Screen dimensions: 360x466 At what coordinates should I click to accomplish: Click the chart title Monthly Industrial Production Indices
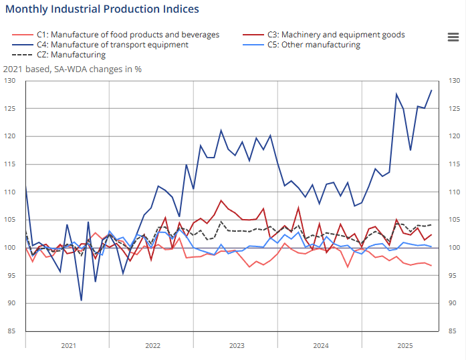(102, 9)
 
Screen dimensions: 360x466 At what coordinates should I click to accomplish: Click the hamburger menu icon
(453, 37)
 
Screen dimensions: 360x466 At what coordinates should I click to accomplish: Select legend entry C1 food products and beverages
(128, 35)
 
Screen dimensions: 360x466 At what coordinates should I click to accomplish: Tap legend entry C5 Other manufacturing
(314, 45)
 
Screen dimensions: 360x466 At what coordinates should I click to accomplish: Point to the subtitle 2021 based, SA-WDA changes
(72, 68)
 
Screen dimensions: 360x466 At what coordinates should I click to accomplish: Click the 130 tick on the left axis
(9, 81)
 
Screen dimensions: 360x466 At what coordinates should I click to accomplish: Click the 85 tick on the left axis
(11, 331)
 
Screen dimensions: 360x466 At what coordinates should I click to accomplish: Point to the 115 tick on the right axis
(454, 164)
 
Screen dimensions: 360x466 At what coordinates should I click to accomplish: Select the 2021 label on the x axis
(68, 345)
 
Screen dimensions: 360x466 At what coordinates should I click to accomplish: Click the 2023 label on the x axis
(236, 345)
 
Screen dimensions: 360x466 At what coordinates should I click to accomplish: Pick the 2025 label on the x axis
(404, 345)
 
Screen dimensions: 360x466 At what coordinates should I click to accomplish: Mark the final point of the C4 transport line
(431, 90)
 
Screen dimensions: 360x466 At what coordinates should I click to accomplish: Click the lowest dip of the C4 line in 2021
(81, 301)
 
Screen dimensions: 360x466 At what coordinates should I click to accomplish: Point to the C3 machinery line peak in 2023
(221, 200)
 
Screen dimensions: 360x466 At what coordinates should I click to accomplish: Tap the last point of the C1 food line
(431, 266)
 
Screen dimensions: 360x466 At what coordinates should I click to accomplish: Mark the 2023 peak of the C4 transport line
(221, 130)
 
